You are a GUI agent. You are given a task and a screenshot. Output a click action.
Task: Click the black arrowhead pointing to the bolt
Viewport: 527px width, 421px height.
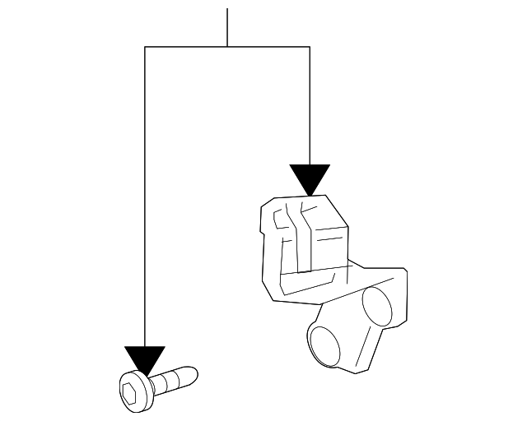(x=144, y=358)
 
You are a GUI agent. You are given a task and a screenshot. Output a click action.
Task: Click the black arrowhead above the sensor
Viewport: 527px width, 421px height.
(x=310, y=178)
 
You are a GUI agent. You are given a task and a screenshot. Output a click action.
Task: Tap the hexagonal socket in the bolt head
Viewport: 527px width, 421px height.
(x=129, y=392)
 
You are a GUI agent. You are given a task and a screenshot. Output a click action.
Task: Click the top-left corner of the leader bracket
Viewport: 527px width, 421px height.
(x=145, y=47)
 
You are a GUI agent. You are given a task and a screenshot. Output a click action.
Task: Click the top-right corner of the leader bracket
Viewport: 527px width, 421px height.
(x=310, y=47)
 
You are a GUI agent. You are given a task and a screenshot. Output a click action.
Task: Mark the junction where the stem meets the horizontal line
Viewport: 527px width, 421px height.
(x=226, y=47)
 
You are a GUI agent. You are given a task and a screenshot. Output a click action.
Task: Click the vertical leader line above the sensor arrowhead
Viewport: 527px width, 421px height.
(x=310, y=107)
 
